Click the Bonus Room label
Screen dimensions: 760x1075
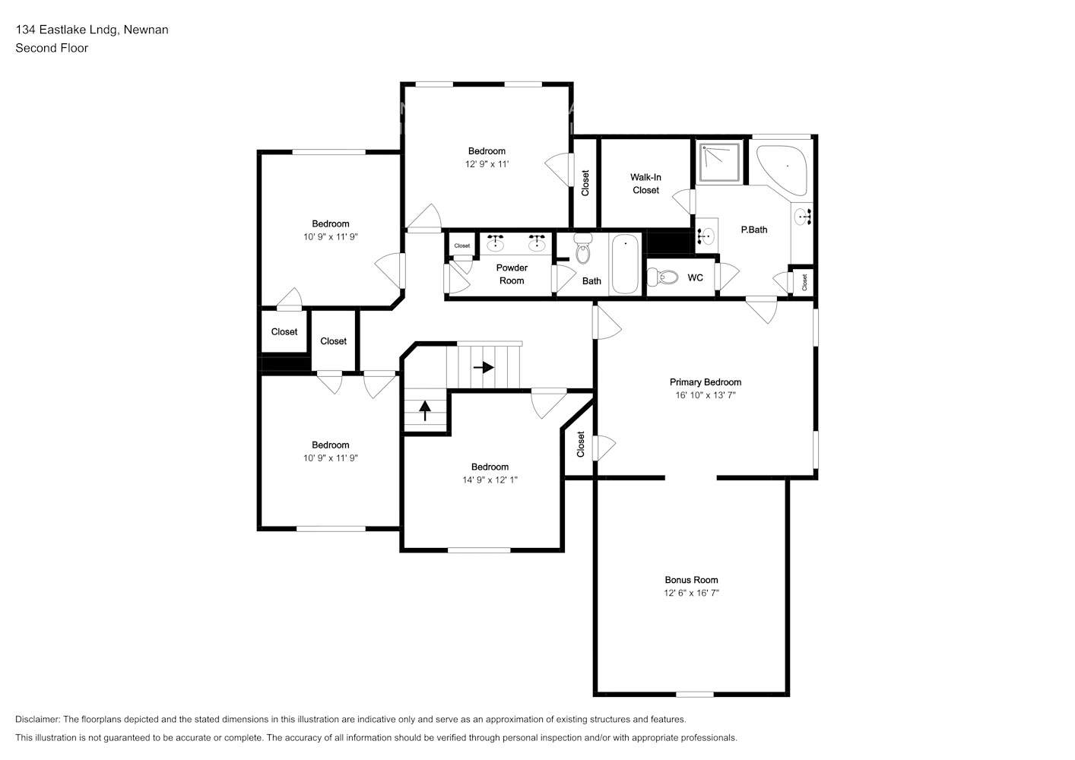691,580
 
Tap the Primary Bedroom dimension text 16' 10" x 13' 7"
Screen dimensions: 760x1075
705,395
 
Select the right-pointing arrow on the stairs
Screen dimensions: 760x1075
484,367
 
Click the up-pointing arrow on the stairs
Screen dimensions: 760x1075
424,411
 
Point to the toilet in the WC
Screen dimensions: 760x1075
664,277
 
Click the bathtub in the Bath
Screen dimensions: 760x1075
625,264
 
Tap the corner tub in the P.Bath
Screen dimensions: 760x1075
783,163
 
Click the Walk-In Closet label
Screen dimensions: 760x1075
645,184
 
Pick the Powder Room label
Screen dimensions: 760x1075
512,274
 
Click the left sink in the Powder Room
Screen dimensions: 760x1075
496,242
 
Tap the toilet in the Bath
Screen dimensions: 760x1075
583,249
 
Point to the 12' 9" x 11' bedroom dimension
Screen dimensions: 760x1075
487,164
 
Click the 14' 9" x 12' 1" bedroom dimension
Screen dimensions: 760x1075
490,480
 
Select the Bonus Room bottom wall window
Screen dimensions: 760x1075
695,694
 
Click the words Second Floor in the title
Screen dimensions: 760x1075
52,48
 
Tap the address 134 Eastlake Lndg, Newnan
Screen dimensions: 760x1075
92,30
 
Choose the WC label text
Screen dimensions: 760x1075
695,278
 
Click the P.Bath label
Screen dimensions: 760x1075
754,230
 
